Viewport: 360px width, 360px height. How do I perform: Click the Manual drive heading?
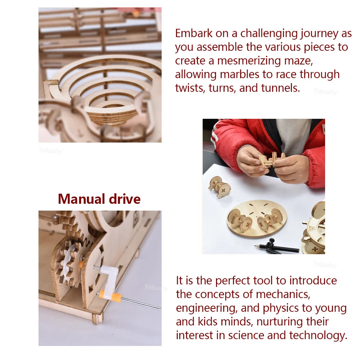[x=99, y=199]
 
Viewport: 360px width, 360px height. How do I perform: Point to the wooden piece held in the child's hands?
[x=272, y=160]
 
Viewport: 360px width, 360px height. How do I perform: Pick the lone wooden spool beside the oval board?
[x=219, y=186]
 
